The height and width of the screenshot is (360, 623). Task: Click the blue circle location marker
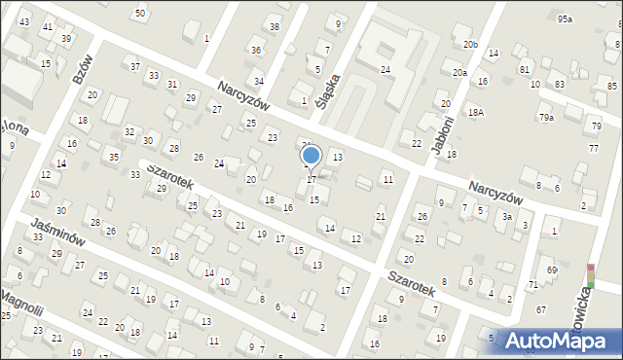(311, 155)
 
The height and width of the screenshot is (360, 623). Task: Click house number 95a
(565, 19)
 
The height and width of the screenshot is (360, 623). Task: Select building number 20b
(470, 45)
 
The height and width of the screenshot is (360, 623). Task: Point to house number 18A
(475, 113)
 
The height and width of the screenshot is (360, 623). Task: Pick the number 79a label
(546, 118)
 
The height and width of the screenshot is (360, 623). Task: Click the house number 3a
(507, 216)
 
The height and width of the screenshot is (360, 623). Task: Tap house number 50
(140, 13)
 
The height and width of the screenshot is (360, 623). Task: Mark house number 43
(24, 21)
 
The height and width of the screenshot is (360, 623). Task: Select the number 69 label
(551, 270)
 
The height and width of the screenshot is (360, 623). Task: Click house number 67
(540, 309)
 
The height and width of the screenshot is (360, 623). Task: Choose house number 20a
(459, 73)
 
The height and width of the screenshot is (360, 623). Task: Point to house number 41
(47, 27)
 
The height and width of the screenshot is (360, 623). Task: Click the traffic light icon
(589, 274)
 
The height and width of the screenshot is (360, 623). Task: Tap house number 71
(532, 284)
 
